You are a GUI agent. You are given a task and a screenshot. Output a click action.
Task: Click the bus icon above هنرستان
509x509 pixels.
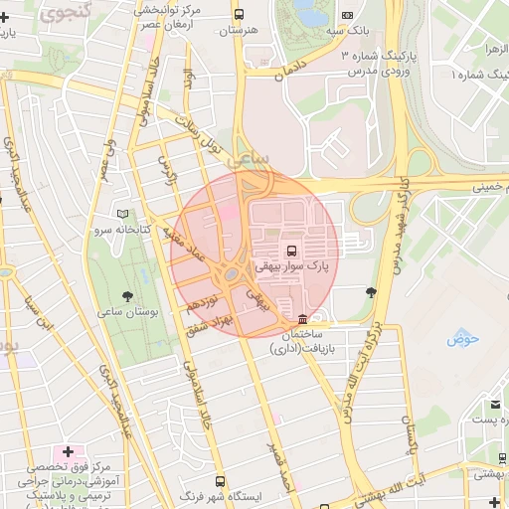coord(239,14)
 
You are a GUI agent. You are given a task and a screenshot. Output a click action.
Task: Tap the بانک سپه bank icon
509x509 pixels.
coord(347,15)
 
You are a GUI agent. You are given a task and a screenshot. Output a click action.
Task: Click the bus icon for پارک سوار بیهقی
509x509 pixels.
coord(291,251)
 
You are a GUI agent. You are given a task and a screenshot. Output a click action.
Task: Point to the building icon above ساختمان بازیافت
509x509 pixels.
coord(302,318)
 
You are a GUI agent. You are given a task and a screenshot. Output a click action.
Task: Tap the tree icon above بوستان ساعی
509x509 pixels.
coord(126,296)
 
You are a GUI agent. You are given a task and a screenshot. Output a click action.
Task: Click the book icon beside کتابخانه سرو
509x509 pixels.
coord(123,214)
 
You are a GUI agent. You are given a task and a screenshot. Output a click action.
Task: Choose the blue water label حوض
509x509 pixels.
coord(463,338)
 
